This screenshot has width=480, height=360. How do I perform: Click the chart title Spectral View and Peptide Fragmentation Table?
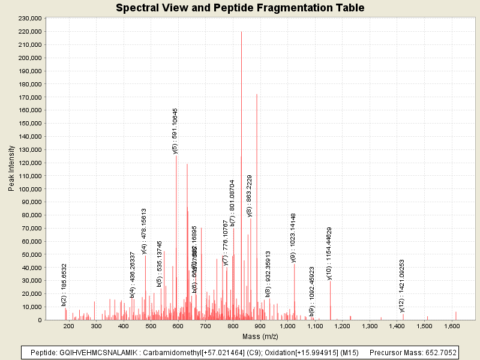[240, 8]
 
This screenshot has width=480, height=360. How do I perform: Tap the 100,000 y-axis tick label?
[29, 189]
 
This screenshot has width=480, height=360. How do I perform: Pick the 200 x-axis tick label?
[69, 326]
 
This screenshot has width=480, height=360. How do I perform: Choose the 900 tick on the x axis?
[260, 326]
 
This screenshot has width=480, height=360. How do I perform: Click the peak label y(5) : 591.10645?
[175, 131]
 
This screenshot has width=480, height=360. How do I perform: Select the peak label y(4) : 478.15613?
[144, 231]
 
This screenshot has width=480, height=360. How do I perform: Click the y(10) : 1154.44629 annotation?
[329, 254]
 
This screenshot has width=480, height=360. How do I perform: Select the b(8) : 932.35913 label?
[268, 274]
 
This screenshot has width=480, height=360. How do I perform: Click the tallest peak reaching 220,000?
[241, 32]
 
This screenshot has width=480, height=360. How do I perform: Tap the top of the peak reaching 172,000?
[257, 95]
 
